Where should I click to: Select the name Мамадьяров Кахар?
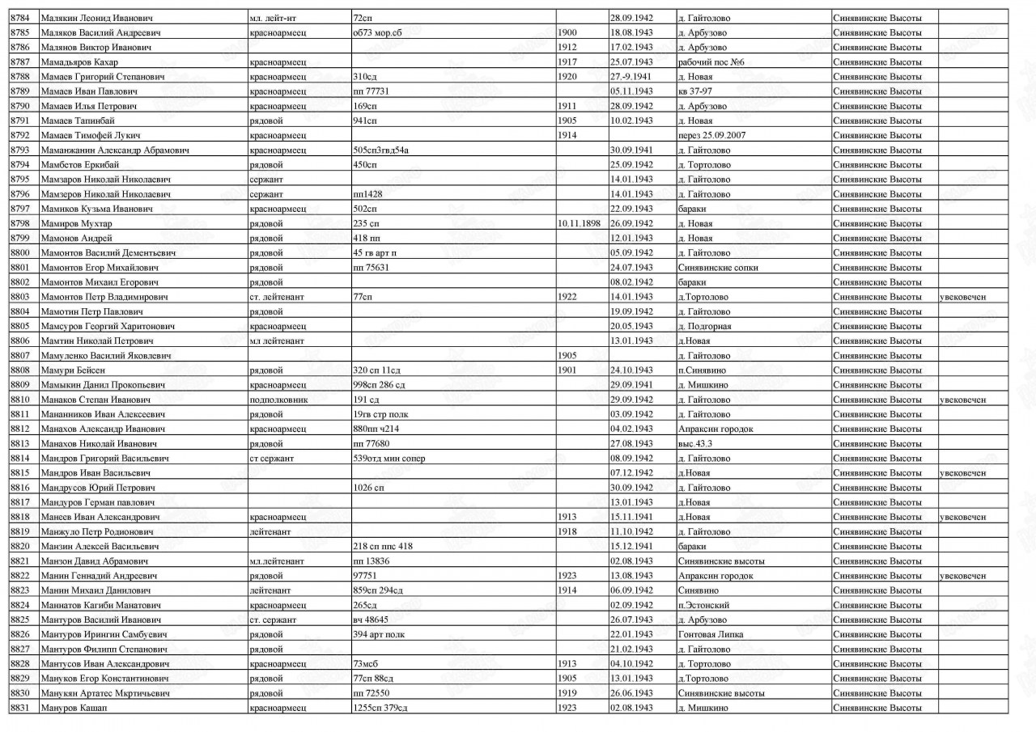tap(79, 62)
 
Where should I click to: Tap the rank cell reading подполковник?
tap(278, 400)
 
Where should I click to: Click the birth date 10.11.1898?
tap(579, 223)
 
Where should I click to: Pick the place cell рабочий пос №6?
tap(711, 62)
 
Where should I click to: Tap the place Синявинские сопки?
tap(718, 268)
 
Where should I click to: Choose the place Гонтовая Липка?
tap(711, 634)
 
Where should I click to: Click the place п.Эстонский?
tap(704, 605)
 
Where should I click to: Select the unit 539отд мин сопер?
tap(389, 459)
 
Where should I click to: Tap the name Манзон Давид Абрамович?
tap(91, 561)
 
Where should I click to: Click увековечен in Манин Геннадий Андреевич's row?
tap(962, 576)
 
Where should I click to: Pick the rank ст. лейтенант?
tap(277, 297)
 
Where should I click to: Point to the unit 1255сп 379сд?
tap(380, 708)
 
